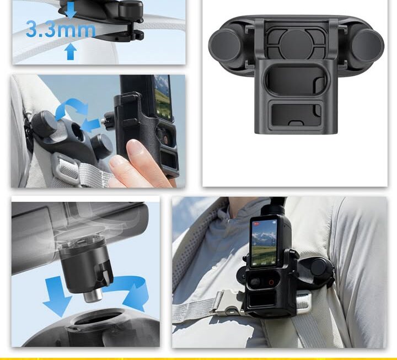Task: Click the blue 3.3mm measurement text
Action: [61, 30]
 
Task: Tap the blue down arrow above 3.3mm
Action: [71, 10]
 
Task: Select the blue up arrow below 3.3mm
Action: [71, 52]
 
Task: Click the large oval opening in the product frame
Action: [296, 80]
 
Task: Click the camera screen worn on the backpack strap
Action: [264, 243]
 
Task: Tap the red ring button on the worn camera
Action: [271, 282]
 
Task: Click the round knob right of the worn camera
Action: [319, 266]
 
